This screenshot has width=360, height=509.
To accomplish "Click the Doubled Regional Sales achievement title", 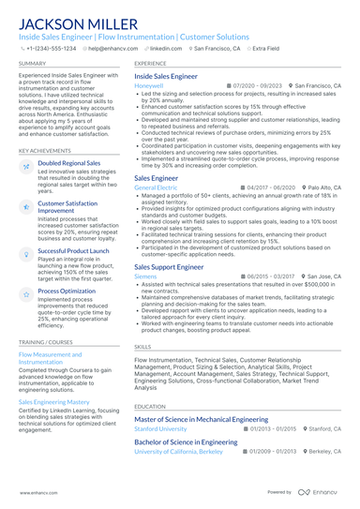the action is [69, 163].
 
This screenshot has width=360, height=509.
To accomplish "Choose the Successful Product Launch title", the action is [73, 251].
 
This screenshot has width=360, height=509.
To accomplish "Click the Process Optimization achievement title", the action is [67, 292].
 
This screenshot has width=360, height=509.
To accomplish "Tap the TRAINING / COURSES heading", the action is [47, 343].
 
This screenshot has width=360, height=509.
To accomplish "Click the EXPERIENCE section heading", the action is [150, 64].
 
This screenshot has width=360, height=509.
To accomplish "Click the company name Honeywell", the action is [148, 85].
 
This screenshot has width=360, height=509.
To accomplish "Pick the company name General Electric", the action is [156, 187].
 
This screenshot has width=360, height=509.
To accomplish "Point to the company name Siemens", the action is [145, 277].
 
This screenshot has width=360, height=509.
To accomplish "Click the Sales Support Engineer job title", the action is [169, 267].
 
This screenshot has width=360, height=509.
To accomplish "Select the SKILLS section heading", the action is [142, 347].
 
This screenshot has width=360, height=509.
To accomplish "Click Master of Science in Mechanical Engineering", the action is [199, 419].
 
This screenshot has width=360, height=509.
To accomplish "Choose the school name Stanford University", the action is [160, 428].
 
